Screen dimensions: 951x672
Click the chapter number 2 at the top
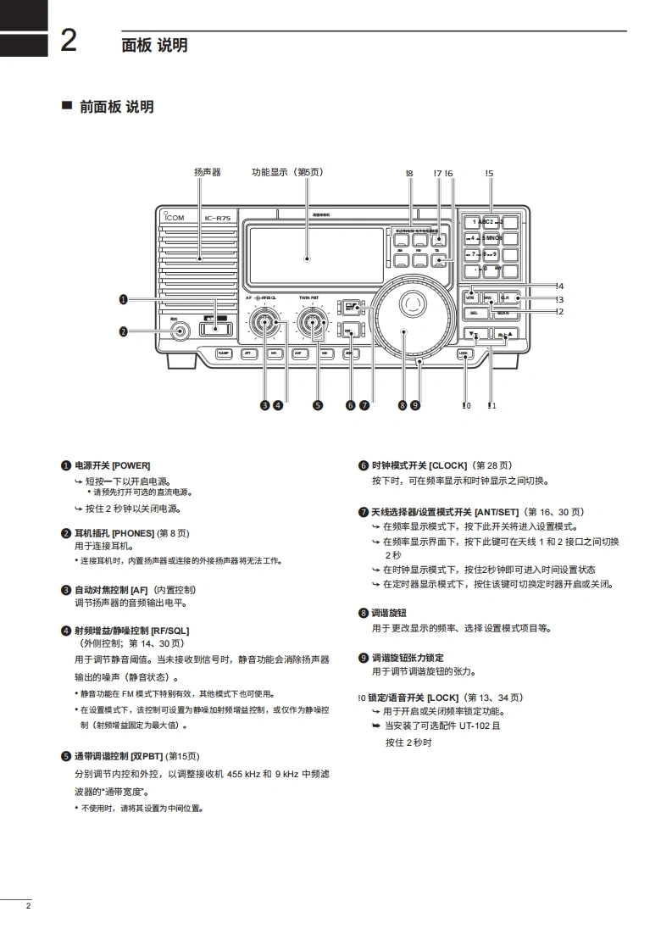coord(69,41)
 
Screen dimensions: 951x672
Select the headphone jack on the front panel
coord(177,330)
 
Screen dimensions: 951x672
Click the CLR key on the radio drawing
coord(506,298)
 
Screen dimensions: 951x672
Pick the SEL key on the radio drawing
coord(474,313)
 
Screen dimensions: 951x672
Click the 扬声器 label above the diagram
coord(207,172)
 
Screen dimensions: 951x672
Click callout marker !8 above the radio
coord(409,174)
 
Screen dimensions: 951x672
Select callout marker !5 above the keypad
coord(489,174)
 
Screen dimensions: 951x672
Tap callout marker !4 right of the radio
coord(560,286)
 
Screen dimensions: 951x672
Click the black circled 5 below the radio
coord(318,405)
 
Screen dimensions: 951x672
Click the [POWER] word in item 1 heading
coord(131,465)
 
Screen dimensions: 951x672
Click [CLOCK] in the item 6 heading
coord(448,465)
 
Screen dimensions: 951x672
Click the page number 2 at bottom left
coord(28,907)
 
